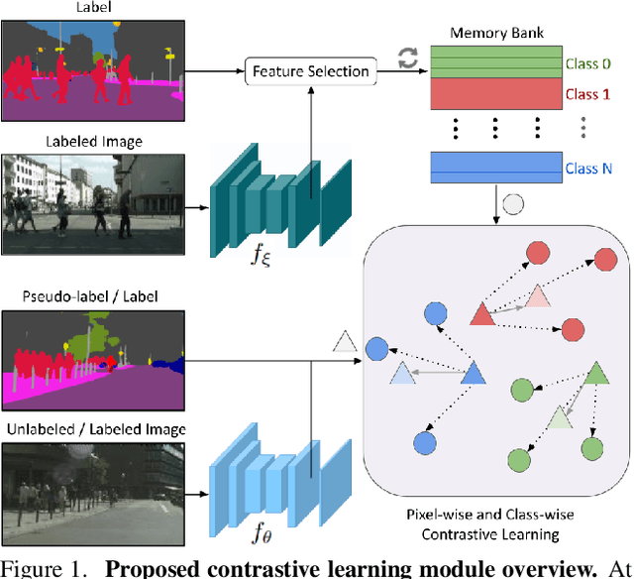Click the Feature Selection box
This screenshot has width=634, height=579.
311,70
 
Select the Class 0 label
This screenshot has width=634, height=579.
586,64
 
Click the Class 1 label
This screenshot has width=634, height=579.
586,94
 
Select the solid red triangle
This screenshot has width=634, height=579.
480,314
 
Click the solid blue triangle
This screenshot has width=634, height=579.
472,374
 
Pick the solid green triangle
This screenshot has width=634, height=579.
594,373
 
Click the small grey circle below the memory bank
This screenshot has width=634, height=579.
512,207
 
